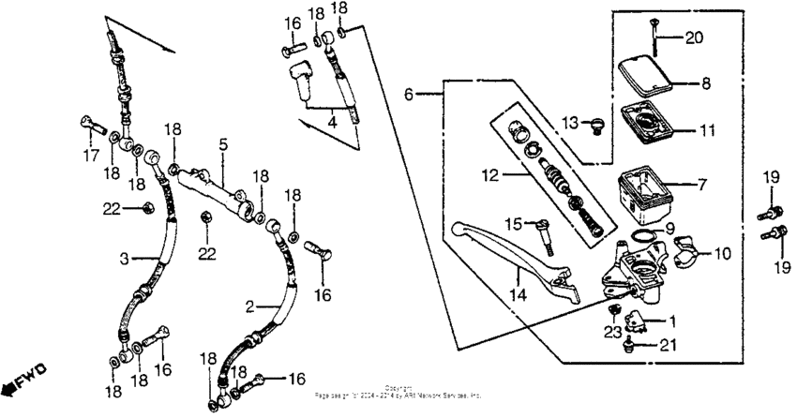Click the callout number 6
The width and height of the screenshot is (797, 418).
408,95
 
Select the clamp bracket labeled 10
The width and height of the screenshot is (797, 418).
689,251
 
